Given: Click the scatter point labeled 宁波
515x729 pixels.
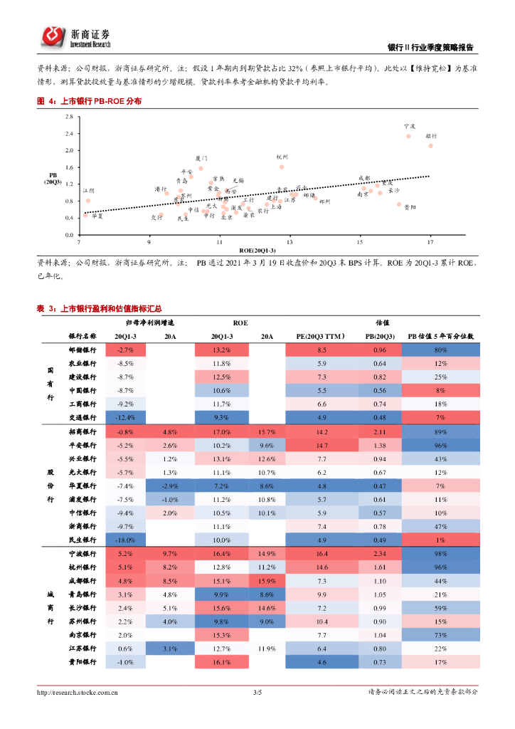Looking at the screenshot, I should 408,136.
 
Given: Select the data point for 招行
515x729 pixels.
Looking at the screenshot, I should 430,146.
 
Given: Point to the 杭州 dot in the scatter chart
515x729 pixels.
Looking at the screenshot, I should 282,167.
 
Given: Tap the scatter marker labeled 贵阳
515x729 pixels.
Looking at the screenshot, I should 399,204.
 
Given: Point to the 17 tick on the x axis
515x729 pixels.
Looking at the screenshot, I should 430,242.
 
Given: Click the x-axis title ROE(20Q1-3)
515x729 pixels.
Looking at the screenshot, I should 258,251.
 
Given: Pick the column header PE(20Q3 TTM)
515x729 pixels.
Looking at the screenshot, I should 321,335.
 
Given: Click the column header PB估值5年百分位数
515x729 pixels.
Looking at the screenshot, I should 440,335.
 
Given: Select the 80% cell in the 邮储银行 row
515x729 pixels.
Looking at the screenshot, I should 440,350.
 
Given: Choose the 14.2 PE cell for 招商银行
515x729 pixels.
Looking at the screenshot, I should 322,432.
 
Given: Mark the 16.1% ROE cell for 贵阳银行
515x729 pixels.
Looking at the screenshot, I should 221,662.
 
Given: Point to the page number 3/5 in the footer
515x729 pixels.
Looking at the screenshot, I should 257,692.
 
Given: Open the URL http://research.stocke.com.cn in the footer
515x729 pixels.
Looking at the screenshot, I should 78,692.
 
